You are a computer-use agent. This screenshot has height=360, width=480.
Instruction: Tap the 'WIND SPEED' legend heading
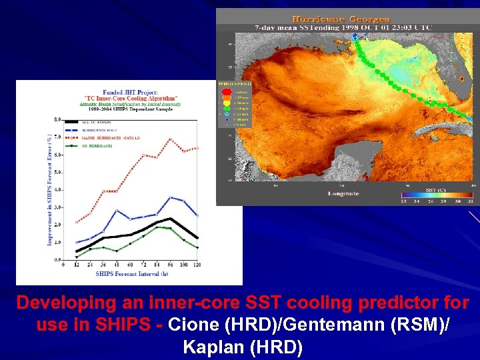(231, 84)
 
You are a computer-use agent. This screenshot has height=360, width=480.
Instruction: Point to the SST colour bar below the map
(437, 195)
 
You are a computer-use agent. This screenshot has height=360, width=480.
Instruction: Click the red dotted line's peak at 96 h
(171, 139)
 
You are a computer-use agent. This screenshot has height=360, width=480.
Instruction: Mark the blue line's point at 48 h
(117, 211)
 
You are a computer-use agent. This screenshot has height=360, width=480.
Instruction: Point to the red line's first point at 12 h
(77, 223)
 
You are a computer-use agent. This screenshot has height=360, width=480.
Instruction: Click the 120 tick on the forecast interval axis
(197, 265)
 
